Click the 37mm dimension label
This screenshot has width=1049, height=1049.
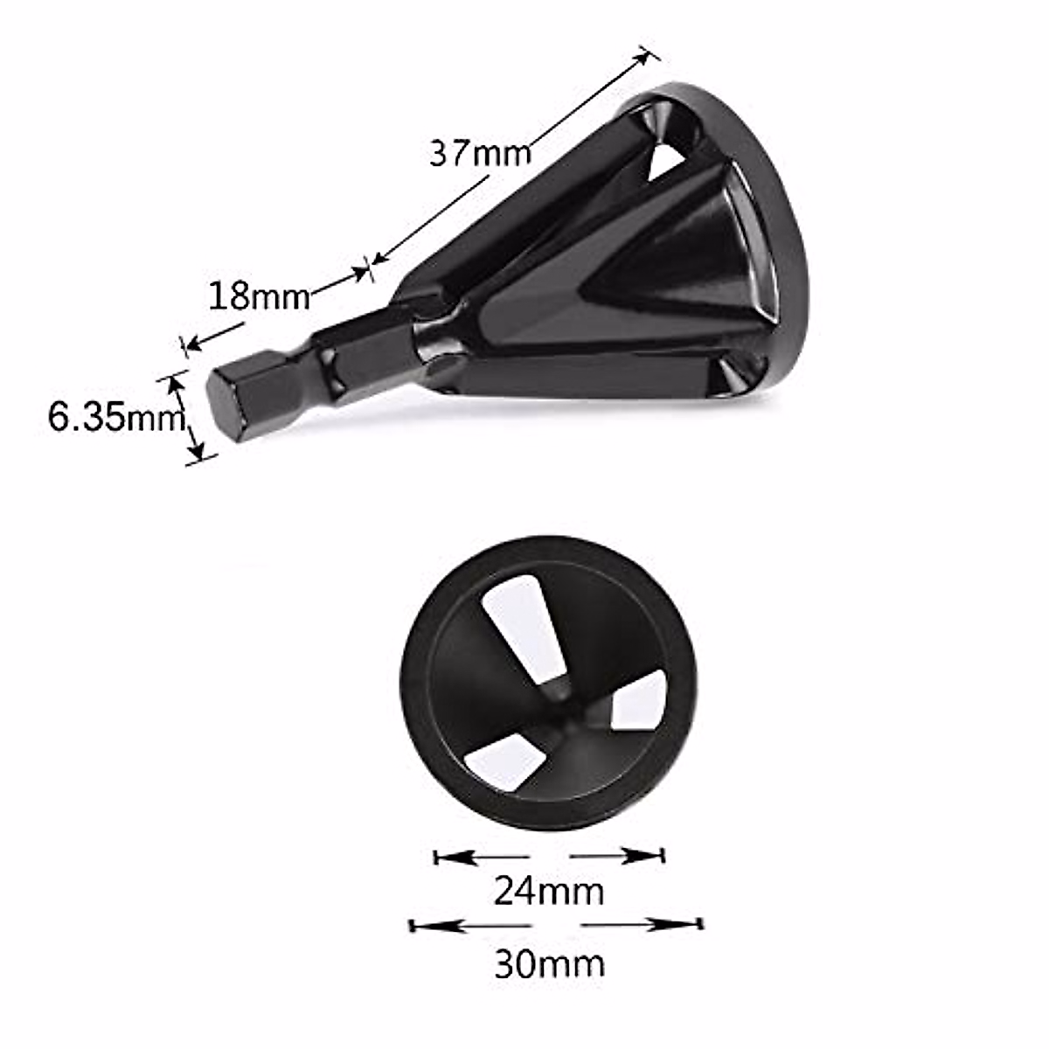[x=480, y=154]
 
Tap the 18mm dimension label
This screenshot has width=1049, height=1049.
[x=259, y=297]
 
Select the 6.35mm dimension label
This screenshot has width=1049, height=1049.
[x=115, y=417]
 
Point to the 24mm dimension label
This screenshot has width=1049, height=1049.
[x=549, y=892]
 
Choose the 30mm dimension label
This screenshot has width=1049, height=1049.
[x=549, y=963]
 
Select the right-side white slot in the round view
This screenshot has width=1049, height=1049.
[x=639, y=700]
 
